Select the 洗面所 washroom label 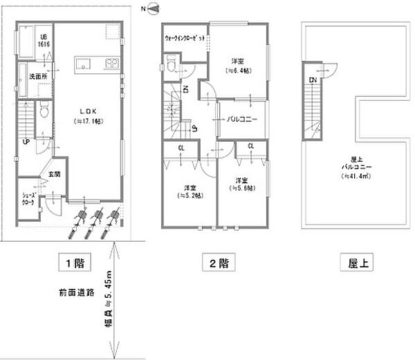37,75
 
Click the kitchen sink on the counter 84,66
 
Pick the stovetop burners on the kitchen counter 112,64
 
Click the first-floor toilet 44,111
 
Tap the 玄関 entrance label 54,174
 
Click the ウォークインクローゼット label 185,39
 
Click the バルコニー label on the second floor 242,119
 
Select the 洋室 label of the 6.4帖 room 236,61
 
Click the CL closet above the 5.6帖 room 250,146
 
